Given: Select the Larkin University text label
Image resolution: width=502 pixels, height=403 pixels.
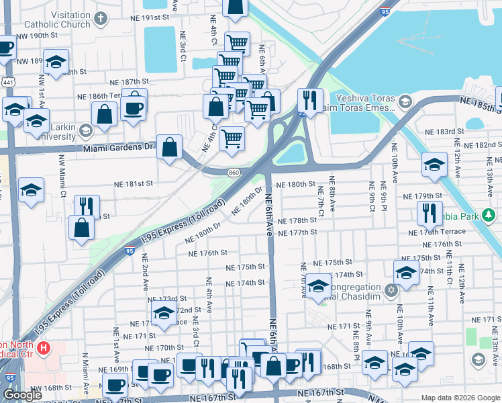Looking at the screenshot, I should (x=47, y=131).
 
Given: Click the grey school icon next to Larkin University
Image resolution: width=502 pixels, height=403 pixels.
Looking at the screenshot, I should (x=85, y=130).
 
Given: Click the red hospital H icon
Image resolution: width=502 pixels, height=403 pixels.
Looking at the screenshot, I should (x=44, y=348).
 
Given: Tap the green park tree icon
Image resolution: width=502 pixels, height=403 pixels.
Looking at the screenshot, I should (x=490, y=216).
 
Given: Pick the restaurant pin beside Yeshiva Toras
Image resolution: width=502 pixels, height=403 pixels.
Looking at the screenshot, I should (x=309, y=100).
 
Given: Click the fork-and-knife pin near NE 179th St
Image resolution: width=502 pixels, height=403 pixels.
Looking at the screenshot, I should (x=429, y=212).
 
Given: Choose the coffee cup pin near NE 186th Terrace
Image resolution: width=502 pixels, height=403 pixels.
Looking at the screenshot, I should (x=134, y=107).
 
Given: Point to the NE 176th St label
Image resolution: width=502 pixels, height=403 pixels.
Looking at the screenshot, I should (x=208, y=253).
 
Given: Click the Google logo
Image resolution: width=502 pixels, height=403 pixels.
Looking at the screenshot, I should (x=23, y=395).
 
